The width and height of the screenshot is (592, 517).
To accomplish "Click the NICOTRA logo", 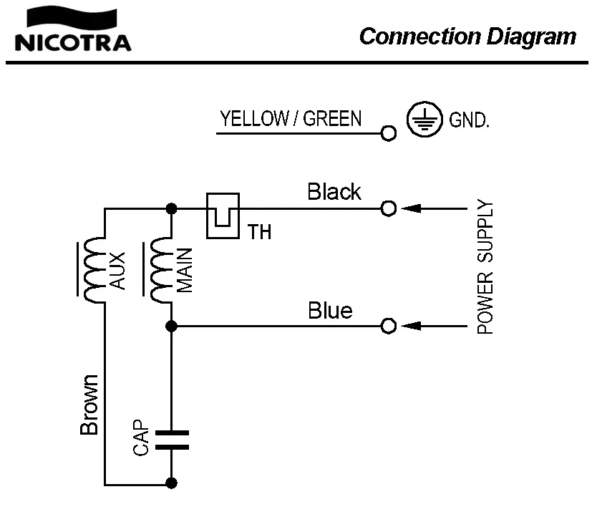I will coord(72,32).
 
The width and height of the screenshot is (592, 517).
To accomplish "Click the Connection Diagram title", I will coord(467,36).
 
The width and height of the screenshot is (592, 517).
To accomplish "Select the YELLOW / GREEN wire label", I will coord(291,118).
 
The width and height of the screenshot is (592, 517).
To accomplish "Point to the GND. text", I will coord(469,120).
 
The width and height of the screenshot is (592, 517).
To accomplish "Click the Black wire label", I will coord(334,192).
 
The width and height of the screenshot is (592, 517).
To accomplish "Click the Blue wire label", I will coord(330,311).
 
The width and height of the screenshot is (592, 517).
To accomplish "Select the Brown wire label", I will coord(89,405).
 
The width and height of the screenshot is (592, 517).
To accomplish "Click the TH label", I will coord(260,232).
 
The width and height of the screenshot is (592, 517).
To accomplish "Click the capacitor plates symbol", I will coord(172,440).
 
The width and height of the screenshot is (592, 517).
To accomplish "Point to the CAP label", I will coord(141,438).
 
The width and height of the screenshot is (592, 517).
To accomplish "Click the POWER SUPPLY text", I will coord(487,268).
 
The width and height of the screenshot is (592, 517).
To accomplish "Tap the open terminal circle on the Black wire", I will coord(389,208).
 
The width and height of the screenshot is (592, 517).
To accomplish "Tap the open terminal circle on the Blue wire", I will coord(389,327).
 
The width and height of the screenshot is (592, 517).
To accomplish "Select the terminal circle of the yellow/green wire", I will coord(389,132).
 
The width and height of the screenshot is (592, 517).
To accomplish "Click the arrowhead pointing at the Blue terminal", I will coord(410,327).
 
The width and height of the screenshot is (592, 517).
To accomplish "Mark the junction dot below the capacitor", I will coord(172,484).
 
